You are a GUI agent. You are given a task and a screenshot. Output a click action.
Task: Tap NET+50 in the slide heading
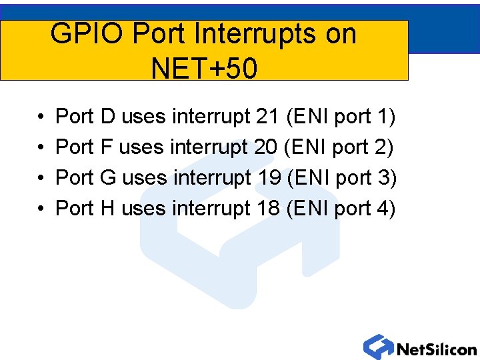tap(203, 67)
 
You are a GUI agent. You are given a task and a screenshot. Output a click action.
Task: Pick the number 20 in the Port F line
tap(266, 147)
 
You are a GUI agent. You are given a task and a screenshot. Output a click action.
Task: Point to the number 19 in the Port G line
tap(268, 178)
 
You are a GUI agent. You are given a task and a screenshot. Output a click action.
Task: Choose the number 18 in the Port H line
tap(268, 209)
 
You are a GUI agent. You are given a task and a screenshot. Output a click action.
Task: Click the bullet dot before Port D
tap(41, 118)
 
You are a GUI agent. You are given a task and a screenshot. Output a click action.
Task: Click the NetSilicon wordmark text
tap(437, 349)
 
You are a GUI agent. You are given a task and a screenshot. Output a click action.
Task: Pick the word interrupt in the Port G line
tap(212, 178)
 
